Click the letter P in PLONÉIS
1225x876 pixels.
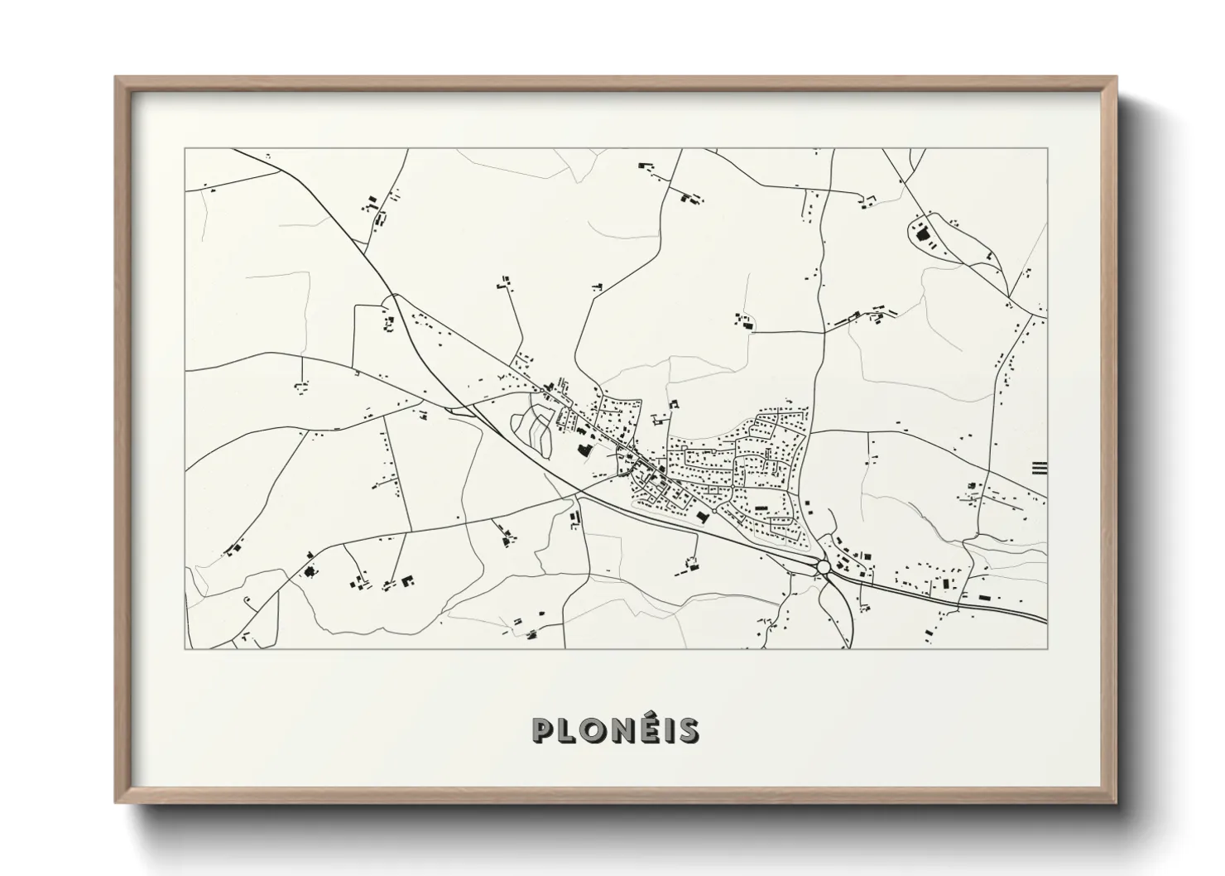pyautogui.click(x=543, y=730)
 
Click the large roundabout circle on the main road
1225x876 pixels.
pyautogui.click(x=824, y=567)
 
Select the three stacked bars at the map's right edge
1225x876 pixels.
pyautogui.click(x=1040, y=468)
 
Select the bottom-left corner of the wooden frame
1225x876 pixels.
pyautogui.click(x=117, y=801)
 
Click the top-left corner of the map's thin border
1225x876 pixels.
pyautogui.click(x=185, y=149)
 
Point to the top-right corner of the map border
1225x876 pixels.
pyautogui.click(x=1047, y=149)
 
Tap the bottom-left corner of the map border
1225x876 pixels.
pyautogui.click(x=185, y=648)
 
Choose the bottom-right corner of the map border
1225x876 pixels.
pyautogui.click(x=1047, y=648)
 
